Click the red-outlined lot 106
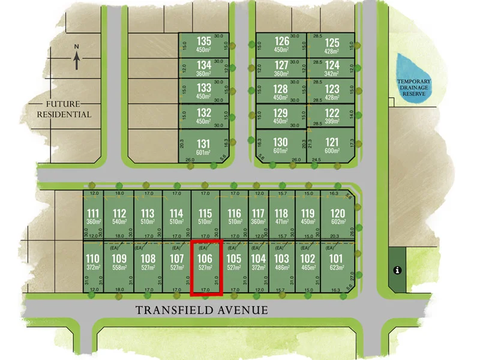pyautogui.click(x=206, y=267)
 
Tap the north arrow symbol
pyautogui.click(x=77, y=58)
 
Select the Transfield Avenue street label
pyautogui.click(x=201, y=310)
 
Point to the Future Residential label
pyautogui.click(x=65, y=109)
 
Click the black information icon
pyautogui.click(x=397, y=270)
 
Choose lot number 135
pyautogui.click(x=204, y=44)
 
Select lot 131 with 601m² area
pyautogui.click(x=204, y=147)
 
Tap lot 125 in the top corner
pyautogui.click(x=332, y=45)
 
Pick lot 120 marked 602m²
pyautogui.click(x=338, y=217)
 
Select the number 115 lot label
pyautogui.click(x=205, y=214)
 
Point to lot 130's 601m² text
pyautogui.click(x=281, y=151)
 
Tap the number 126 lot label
pyautogui.click(x=281, y=41)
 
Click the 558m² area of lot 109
pyautogui.click(x=119, y=268)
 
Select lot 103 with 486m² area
pyautogui.click(x=281, y=264)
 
